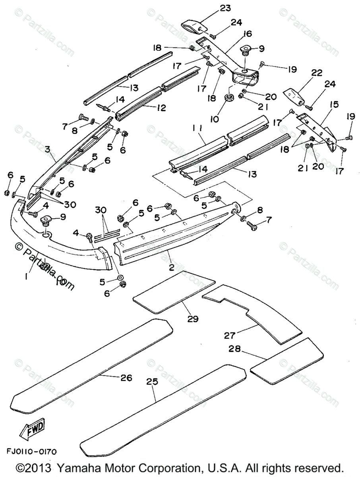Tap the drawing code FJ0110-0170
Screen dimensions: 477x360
31,452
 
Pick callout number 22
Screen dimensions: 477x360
306,73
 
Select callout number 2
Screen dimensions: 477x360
171,268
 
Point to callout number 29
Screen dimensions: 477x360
194,318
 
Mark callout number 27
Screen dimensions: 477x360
230,335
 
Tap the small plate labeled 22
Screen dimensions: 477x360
294,95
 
